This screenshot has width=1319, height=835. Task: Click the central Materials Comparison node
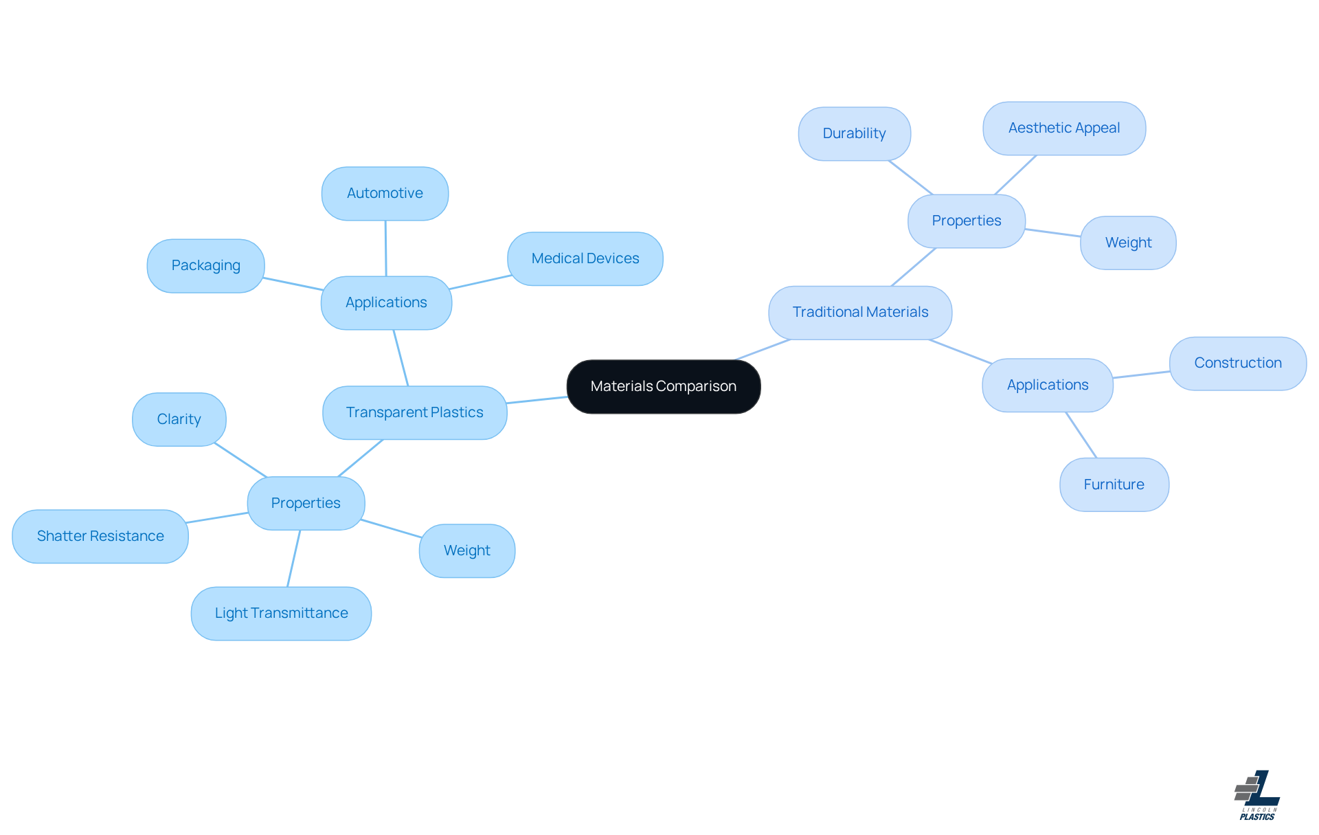(x=663, y=386)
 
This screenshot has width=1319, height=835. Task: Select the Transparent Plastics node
(x=414, y=412)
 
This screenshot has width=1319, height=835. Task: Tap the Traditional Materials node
(x=860, y=313)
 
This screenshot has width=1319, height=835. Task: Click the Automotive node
(x=385, y=194)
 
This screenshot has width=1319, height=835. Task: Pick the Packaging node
(x=205, y=266)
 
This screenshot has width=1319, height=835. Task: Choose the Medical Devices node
(x=585, y=259)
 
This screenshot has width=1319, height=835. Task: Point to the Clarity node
(x=179, y=419)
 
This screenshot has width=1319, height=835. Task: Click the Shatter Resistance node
(x=100, y=536)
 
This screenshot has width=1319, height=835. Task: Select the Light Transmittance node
(x=281, y=613)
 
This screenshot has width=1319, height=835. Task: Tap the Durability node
(x=854, y=134)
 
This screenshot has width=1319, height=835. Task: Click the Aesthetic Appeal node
(x=1063, y=129)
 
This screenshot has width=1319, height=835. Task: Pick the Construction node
(x=1237, y=364)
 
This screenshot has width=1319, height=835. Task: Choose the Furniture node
(x=1114, y=485)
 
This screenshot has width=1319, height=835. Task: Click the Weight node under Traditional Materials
(x=1128, y=243)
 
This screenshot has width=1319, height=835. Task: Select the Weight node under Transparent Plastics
(x=466, y=550)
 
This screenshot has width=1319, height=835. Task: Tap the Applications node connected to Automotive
(x=386, y=303)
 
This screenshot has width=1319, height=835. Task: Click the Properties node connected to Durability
(x=966, y=221)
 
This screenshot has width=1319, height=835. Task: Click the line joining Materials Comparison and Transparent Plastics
(x=537, y=400)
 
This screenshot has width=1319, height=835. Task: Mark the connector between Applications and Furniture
(x=1081, y=435)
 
